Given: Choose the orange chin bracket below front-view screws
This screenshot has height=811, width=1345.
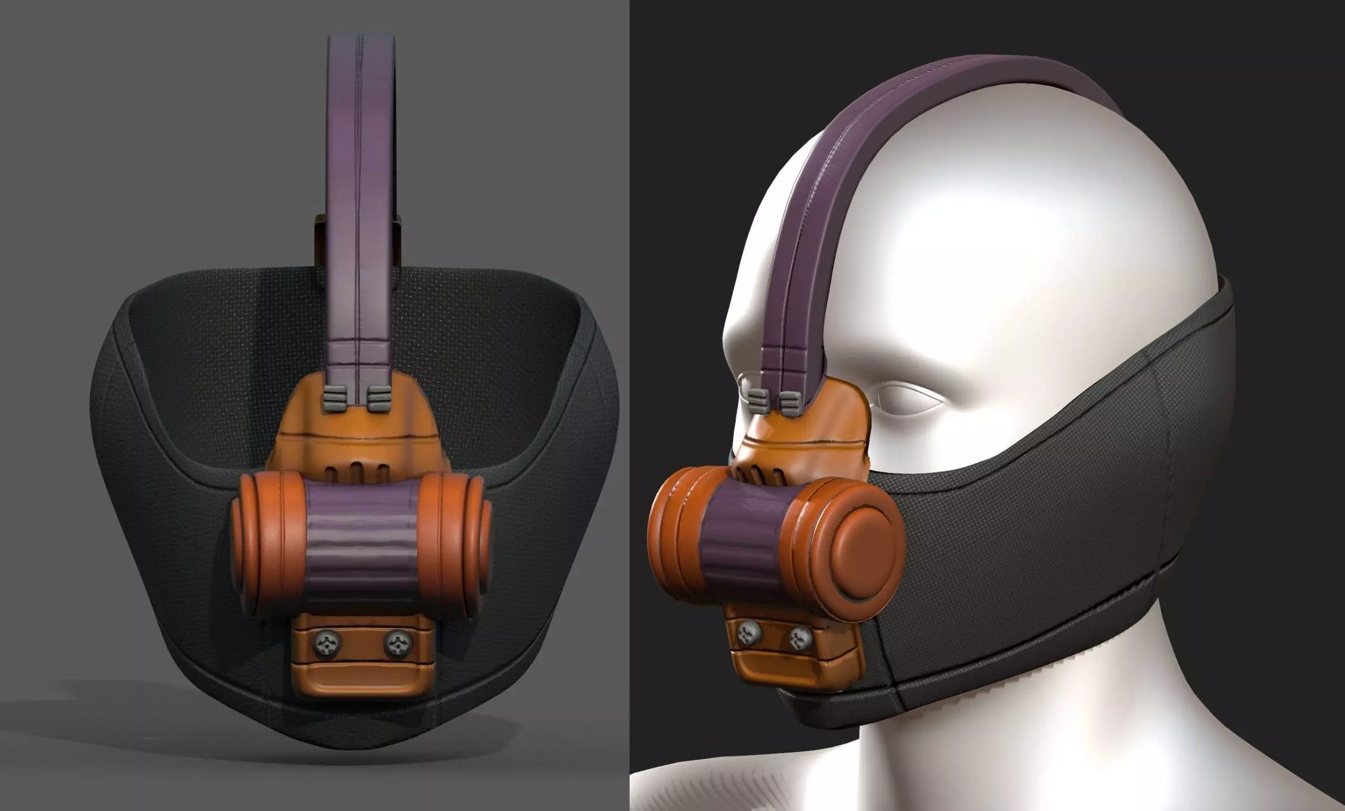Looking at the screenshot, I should tap(362, 681).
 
